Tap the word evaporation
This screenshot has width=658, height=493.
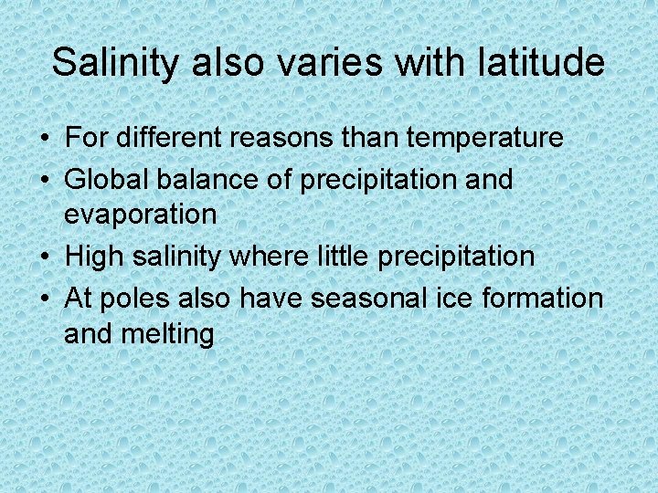[x=140, y=215]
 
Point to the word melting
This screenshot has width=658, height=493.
[x=171, y=333]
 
